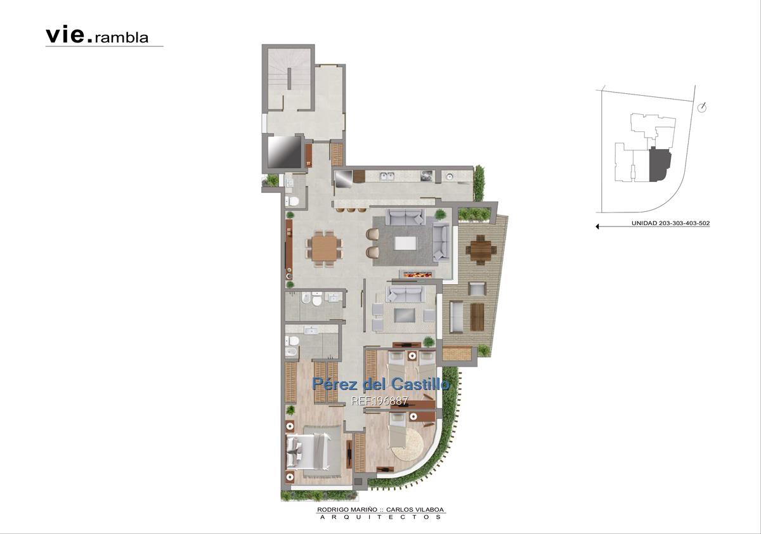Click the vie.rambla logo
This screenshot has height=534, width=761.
tap(97, 36)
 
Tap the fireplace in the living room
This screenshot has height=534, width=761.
tap(417, 273)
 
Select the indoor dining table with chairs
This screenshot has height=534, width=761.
tap(324, 249)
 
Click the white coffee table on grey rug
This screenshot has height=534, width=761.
tap(405, 244)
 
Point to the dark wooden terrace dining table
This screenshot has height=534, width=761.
tap(481, 250)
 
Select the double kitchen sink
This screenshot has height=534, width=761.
tap(387, 176)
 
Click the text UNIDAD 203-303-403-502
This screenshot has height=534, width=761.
tap(671, 223)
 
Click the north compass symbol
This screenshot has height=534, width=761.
tap(702, 107)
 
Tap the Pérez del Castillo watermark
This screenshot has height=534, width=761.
tap(380, 384)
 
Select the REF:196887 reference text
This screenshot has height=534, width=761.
tap(379, 401)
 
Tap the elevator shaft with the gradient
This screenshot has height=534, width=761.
tap(284, 152)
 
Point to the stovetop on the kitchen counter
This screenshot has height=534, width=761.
tap(427, 176)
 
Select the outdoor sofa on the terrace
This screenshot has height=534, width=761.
tap(456, 316)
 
